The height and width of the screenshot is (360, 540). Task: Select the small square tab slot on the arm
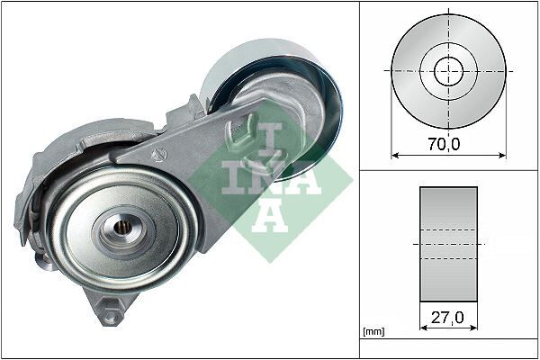point(242,127)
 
